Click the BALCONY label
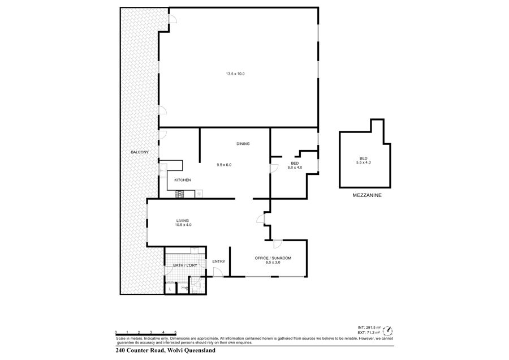[x=140, y=152]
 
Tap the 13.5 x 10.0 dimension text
[x=235, y=74]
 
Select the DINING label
[x=243, y=144]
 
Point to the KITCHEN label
[x=183, y=180]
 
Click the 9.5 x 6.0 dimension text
[x=224, y=165]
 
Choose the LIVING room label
[x=183, y=221]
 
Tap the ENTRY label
[x=219, y=262]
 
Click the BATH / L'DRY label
[x=185, y=265]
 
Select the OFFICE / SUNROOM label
[x=273, y=258]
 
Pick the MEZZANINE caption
[x=367, y=196]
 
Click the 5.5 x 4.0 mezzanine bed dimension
[x=363, y=162]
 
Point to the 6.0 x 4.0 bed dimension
[x=295, y=168]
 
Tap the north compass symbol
[x=387, y=331]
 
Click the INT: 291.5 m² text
[x=369, y=328]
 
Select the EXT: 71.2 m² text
[x=369, y=332]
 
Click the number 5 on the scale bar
[x=176, y=332]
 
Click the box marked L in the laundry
[x=170, y=289]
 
